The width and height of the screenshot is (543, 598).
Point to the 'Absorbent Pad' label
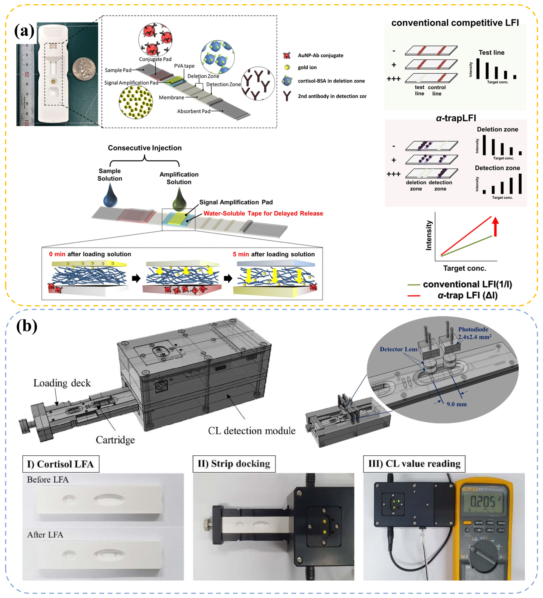(193, 111)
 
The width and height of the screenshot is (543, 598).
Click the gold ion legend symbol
(287, 67)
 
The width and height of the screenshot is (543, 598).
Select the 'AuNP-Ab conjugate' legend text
(320, 56)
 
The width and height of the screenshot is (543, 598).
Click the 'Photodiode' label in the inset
(473, 329)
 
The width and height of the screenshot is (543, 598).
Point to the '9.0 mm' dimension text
(456, 404)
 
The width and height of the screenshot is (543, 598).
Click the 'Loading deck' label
(62, 383)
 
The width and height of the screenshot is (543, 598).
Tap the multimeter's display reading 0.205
(483, 502)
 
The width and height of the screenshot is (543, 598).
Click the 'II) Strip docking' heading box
(234, 464)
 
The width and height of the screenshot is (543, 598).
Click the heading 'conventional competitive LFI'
(455, 23)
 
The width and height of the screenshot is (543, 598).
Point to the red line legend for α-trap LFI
(414, 295)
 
